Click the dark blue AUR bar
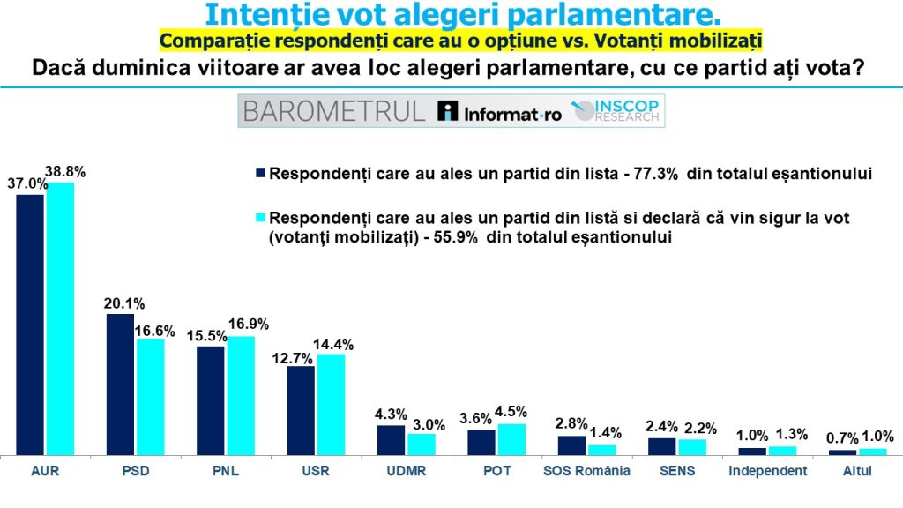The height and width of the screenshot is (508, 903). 30,324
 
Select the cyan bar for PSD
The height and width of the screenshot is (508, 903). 150,396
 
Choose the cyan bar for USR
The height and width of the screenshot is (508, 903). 331,404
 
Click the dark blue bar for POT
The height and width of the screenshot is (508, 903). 481,442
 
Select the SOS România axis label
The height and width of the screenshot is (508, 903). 586,471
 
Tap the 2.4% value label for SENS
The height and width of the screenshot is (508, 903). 661,428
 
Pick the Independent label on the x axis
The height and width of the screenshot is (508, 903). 767,471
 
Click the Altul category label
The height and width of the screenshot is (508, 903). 857,471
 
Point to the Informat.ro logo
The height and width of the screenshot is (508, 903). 500,112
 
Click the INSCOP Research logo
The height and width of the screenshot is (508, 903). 617,111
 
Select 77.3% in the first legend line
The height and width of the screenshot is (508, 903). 654,174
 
